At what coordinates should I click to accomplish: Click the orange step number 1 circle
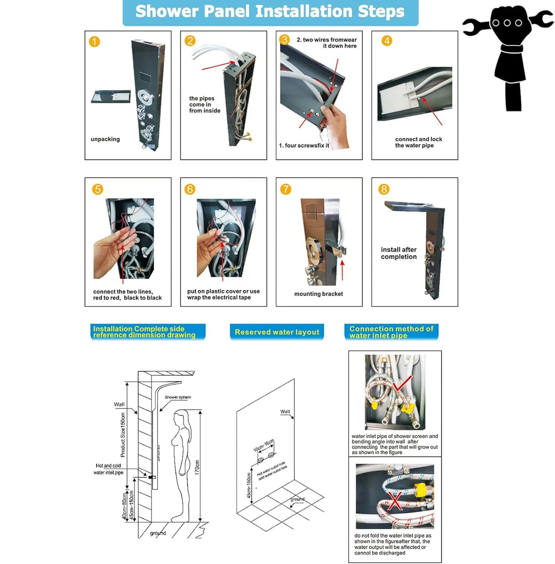pos(94,41)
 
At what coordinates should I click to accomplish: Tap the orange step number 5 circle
pos(98,189)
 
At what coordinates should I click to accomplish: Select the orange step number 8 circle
pos(384,189)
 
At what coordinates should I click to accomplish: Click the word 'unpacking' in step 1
pos(105,139)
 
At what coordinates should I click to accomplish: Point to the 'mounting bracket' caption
pos(318,294)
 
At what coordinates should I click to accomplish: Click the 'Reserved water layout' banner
pos(277,332)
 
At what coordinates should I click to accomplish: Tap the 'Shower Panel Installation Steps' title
pos(270,12)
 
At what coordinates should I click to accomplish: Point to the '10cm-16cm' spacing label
pos(264,445)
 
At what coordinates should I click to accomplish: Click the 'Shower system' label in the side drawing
pos(178,397)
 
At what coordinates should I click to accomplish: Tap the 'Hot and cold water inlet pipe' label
pos(108,469)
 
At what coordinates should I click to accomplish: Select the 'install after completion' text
pos(399,253)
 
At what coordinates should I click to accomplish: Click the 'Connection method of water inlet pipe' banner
pos(391,332)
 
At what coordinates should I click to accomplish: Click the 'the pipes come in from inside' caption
pos(204,105)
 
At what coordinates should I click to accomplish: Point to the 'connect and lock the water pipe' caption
pos(418,142)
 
